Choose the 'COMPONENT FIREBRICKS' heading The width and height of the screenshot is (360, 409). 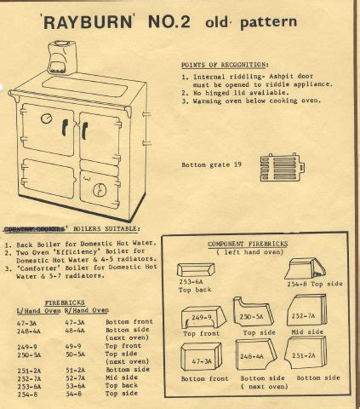(249, 245)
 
